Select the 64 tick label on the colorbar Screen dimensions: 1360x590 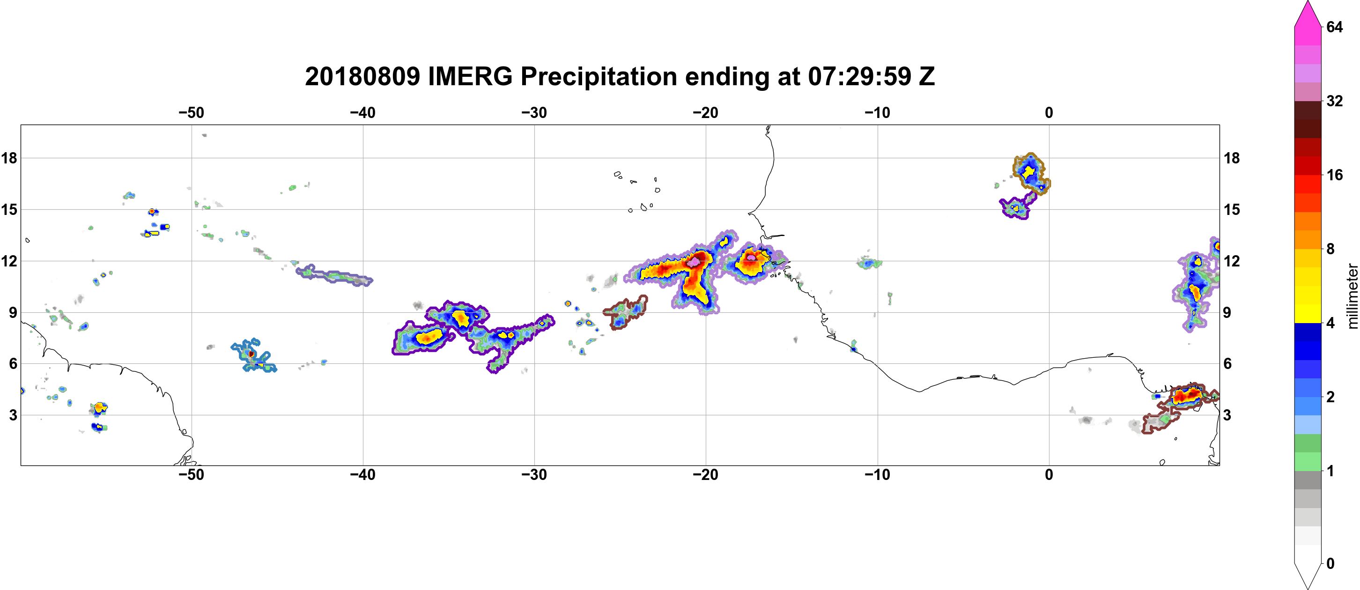click(x=1334, y=27)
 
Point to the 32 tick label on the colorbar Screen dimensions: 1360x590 click(x=1334, y=101)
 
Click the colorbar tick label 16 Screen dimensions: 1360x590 click(x=1334, y=175)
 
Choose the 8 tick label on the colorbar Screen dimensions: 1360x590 click(x=1330, y=249)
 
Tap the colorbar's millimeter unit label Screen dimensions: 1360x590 click(x=1352, y=296)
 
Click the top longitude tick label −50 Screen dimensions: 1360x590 click(x=191, y=112)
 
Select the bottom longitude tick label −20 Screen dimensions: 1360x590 click(x=706, y=474)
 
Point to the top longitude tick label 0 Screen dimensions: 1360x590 click(x=1049, y=112)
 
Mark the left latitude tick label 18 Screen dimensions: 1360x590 click(x=9, y=158)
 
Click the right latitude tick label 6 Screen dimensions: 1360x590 click(x=1227, y=364)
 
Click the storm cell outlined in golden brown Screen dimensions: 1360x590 click(x=1031, y=173)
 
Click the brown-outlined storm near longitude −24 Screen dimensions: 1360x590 click(x=626, y=312)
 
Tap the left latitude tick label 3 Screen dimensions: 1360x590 click(x=13, y=415)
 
